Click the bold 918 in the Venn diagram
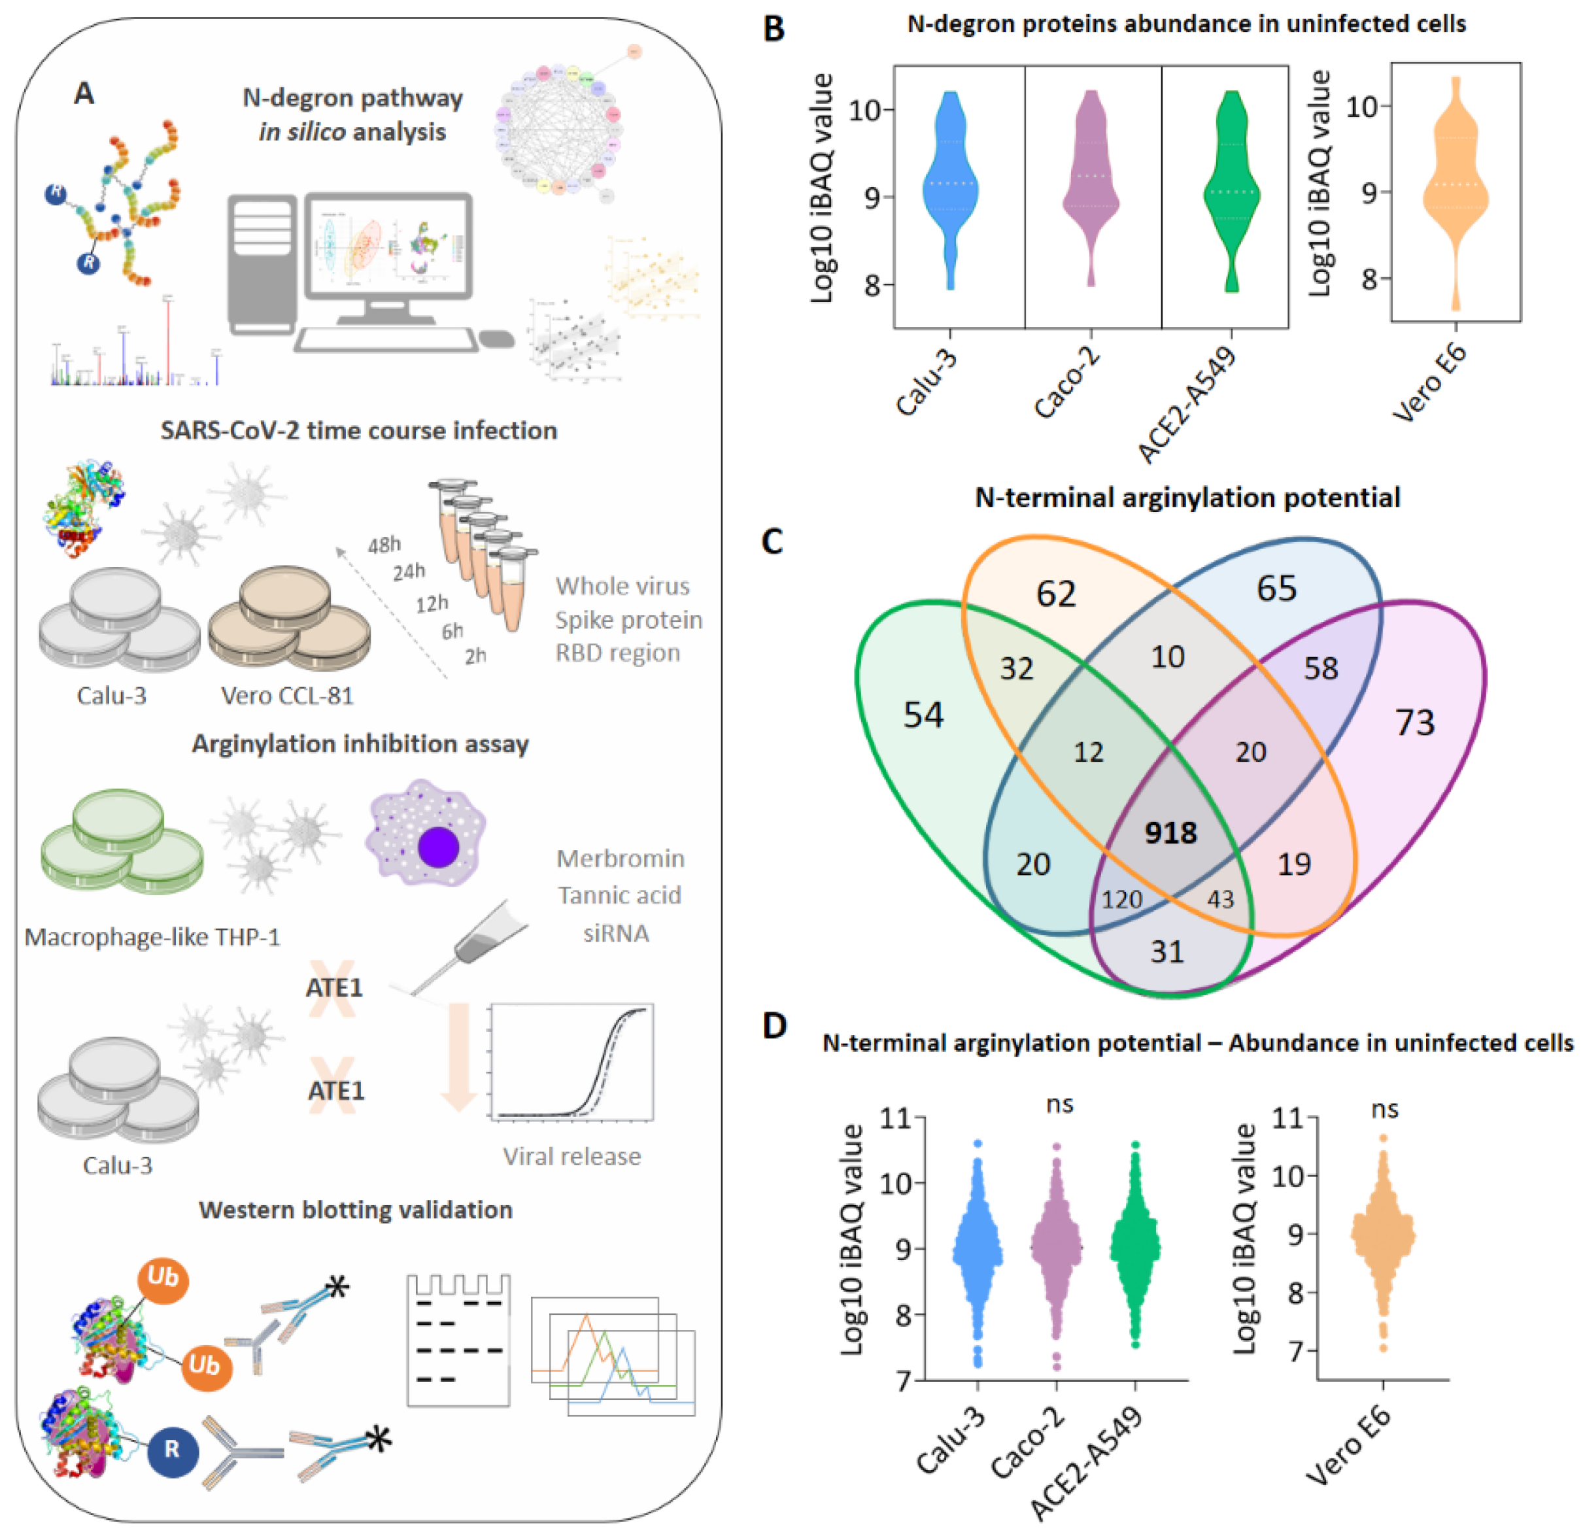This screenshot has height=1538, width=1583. (x=1170, y=832)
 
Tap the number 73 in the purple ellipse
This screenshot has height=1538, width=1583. (x=1415, y=722)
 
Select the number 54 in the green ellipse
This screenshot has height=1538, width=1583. (x=923, y=715)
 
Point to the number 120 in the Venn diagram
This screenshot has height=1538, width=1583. (x=1122, y=899)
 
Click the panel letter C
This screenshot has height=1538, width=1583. (x=772, y=541)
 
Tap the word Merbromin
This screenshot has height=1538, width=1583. (x=619, y=859)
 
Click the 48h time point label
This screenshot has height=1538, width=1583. (x=384, y=545)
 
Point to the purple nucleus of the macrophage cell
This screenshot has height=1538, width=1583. (x=439, y=847)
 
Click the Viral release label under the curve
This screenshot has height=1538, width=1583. (x=572, y=1157)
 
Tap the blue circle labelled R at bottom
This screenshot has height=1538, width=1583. (x=172, y=1449)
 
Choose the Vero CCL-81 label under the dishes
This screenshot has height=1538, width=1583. (x=288, y=696)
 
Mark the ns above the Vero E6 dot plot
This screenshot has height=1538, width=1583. (x=1384, y=1109)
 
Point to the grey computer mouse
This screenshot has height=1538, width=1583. (x=497, y=339)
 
